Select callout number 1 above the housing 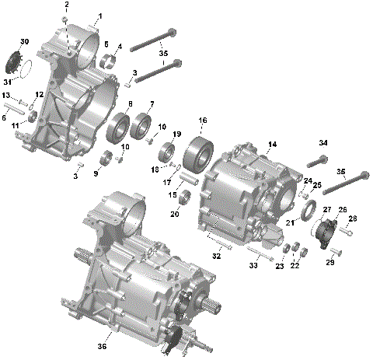click(99, 16)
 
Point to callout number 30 click(24, 41)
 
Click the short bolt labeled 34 click(319, 162)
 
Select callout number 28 click(352, 220)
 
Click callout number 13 click(5, 95)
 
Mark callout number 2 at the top click(66, 5)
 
